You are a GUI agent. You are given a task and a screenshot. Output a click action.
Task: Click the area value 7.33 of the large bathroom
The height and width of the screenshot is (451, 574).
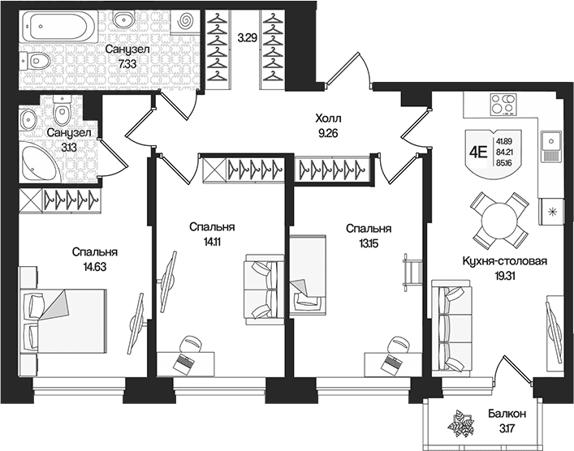[127, 64]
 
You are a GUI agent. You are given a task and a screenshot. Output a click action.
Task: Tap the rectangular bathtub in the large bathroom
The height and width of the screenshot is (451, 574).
[58, 25]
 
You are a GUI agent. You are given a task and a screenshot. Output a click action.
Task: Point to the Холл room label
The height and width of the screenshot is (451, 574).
[328, 118]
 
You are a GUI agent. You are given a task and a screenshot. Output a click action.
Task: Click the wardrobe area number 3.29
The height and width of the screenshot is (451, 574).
[246, 37]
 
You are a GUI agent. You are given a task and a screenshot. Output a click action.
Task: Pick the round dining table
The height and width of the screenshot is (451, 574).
[499, 221]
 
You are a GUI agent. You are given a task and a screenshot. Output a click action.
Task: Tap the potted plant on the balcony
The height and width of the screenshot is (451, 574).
[461, 424]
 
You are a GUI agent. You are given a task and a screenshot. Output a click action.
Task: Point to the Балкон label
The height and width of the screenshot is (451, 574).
[507, 414]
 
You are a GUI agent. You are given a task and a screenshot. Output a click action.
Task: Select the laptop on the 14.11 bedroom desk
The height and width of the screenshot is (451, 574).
[183, 363]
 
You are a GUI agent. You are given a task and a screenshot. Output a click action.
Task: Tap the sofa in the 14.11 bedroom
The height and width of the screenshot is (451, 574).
[264, 290]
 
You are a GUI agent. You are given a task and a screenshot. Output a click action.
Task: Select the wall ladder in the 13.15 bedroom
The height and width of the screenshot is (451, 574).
[412, 273]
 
